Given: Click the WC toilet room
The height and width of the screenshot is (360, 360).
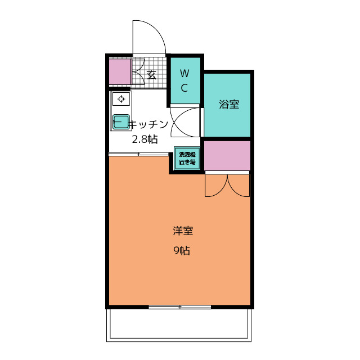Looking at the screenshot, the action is [x=185, y=80].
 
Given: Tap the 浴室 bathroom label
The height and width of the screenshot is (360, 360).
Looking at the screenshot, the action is [x=229, y=104].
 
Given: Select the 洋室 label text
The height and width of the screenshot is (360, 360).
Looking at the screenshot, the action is [x=183, y=231].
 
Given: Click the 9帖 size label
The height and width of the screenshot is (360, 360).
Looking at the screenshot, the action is [x=182, y=250].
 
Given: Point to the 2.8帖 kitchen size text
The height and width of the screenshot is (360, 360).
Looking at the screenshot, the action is [x=145, y=139].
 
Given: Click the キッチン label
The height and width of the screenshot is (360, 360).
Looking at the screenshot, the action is [x=148, y=124].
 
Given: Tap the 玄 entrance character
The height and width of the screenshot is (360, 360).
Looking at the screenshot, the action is [x=151, y=75].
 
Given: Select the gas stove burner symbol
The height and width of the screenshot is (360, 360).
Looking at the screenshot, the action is [x=121, y=99].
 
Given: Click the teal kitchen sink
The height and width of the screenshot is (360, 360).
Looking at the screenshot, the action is [x=121, y=121].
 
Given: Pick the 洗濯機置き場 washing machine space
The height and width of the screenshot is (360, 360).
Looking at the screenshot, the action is [x=187, y=158].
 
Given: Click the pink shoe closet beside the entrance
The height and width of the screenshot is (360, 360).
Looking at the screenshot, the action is [x=120, y=72].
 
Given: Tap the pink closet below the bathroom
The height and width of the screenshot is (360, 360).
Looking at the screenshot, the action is [x=227, y=156].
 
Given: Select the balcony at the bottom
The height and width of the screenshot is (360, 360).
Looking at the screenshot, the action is [x=179, y=325].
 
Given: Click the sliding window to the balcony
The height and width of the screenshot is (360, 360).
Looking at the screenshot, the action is [x=180, y=307].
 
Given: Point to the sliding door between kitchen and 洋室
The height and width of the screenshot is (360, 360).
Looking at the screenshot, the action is [x=139, y=154].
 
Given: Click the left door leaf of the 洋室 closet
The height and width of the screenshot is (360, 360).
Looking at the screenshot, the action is [x=216, y=186].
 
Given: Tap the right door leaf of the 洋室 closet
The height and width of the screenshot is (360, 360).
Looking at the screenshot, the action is [x=238, y=186].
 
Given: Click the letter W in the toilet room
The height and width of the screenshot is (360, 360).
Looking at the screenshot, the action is [x=185, y=74].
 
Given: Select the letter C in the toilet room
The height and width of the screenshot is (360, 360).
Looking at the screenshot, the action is [x=184, y=88].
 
